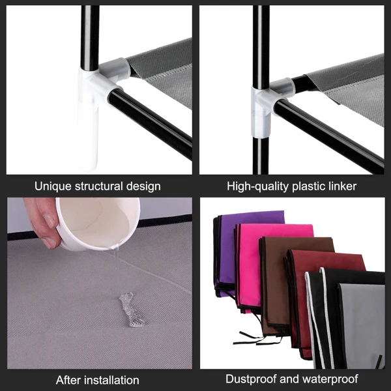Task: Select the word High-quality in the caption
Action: click(x=256, y=186)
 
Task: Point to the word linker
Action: click(x=341, y=186)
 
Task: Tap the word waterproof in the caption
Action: click(x=329, y=379)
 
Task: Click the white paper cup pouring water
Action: click(x=98, y=225)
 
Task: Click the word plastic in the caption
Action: click(x=306, y=186)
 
